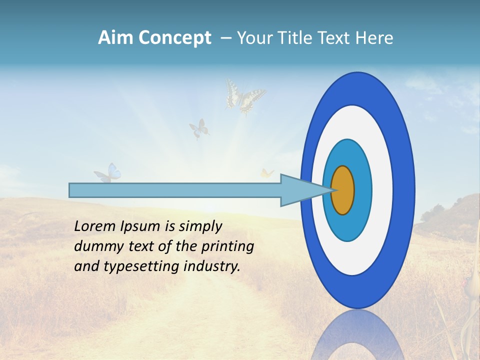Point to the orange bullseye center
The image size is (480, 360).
coord(343,190)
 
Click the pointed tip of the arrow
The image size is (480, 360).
coord(331,190)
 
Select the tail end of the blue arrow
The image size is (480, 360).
coord(71,190)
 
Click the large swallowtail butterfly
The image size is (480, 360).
coord(244,96)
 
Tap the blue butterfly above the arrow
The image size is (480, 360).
coord(108,173)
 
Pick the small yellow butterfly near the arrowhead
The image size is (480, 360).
coord(267,173)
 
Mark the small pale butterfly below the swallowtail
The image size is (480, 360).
coord(199,128)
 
